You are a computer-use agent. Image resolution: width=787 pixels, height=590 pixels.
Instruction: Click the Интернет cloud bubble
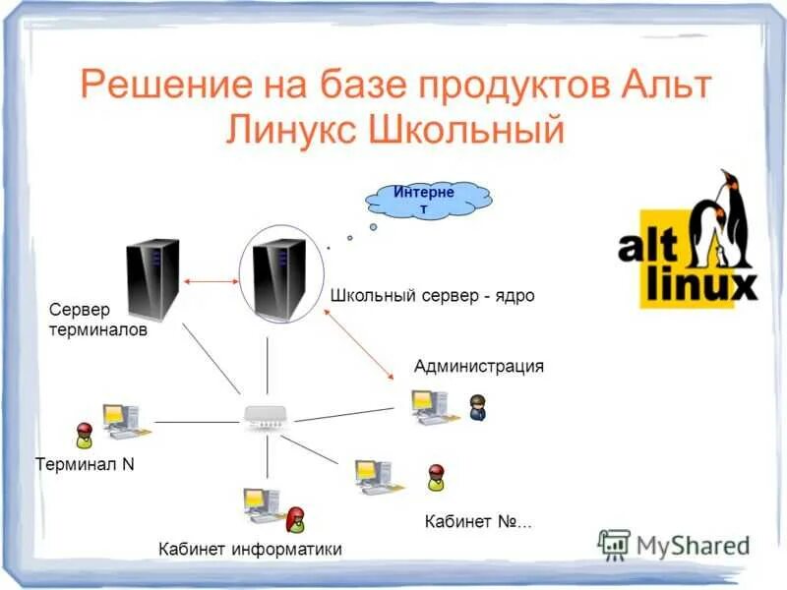428,199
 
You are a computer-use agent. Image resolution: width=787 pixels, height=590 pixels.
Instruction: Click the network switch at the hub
266,421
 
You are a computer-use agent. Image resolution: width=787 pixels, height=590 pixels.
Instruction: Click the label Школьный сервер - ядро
432,295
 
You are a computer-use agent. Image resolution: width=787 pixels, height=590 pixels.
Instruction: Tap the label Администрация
478,367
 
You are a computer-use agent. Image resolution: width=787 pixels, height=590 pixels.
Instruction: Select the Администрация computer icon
429,406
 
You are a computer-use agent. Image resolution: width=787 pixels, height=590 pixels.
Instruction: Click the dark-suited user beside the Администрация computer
478,407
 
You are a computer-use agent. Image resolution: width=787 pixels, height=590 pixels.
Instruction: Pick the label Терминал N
85,464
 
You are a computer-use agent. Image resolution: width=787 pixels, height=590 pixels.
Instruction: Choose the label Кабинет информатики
250,549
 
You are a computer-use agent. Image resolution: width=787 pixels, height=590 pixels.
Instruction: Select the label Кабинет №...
477,521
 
